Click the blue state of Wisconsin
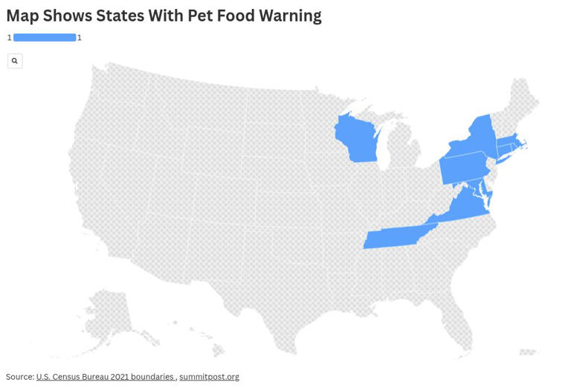coord(355,140)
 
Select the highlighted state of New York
coord(476,138)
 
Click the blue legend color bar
coord(45,38)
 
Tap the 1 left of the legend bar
coord(10,38)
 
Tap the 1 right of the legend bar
coord(80,38)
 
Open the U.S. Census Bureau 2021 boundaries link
coord(105,377)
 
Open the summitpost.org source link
coord(209,377)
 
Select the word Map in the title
coord(22,16)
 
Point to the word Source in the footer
coord(19,377)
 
